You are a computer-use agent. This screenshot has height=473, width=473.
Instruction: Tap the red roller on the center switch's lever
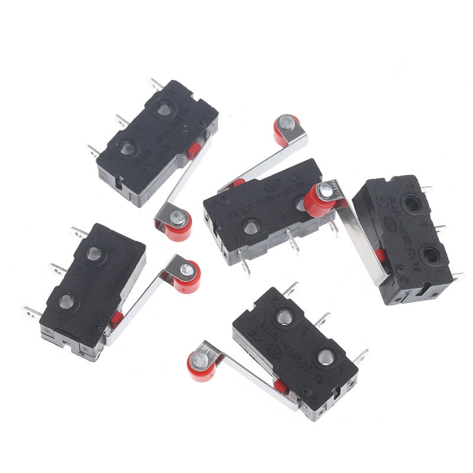pyautogui.click(x=286, y=127)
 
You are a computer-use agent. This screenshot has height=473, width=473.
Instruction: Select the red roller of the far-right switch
pyautogui.click(x=319, y=200)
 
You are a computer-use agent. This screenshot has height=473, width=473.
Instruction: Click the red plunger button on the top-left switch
pyautogui.click(x=193, y=151)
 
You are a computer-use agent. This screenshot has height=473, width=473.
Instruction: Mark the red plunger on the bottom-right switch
pyautogui.click(x=281, y=388)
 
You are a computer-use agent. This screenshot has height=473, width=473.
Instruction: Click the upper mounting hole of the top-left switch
pyautogui.click(x=164, y=108)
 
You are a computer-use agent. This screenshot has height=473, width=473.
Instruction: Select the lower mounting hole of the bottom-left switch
pyautogui.click(x=67, y=302)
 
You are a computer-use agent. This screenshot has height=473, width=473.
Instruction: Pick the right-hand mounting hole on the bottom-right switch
pyautogui.click(x=326, y=357)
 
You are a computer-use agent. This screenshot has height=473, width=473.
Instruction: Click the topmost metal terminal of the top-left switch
pyautogui.click(x=155, y=85)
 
